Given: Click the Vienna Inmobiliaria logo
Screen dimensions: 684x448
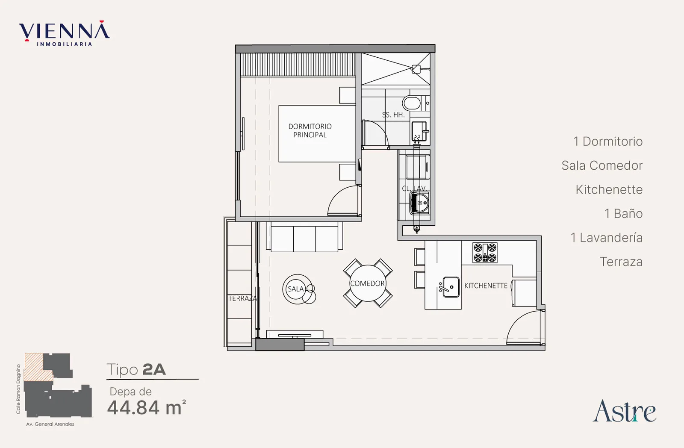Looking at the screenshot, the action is (64, 33).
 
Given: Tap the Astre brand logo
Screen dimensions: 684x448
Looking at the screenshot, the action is (625, 411).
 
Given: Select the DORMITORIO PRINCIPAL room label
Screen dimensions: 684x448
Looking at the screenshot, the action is (310, 130).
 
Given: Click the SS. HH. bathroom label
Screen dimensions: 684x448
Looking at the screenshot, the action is (393, 115).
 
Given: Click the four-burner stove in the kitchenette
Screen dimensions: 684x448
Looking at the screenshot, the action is (485, 253).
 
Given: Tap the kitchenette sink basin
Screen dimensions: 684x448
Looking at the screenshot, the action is (451, 287).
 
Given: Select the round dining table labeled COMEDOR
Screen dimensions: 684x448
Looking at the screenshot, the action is (368, 283).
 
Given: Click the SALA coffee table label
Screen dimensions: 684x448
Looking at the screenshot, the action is (295, 289).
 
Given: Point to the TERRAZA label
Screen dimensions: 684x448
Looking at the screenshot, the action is (242, 298).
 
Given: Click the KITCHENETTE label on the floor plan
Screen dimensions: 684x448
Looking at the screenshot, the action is (486, 286).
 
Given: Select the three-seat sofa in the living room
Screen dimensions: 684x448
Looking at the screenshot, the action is (304, 237).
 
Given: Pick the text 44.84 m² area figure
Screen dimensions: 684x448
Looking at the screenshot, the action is (147, 407).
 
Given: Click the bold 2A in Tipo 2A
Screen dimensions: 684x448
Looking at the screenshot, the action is (154, 369).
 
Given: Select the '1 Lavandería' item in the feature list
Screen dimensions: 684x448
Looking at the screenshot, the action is (607, 238).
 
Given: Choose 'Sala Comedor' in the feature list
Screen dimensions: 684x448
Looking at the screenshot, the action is (602, 165).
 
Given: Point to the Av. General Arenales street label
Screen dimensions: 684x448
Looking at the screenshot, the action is (50, 424).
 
